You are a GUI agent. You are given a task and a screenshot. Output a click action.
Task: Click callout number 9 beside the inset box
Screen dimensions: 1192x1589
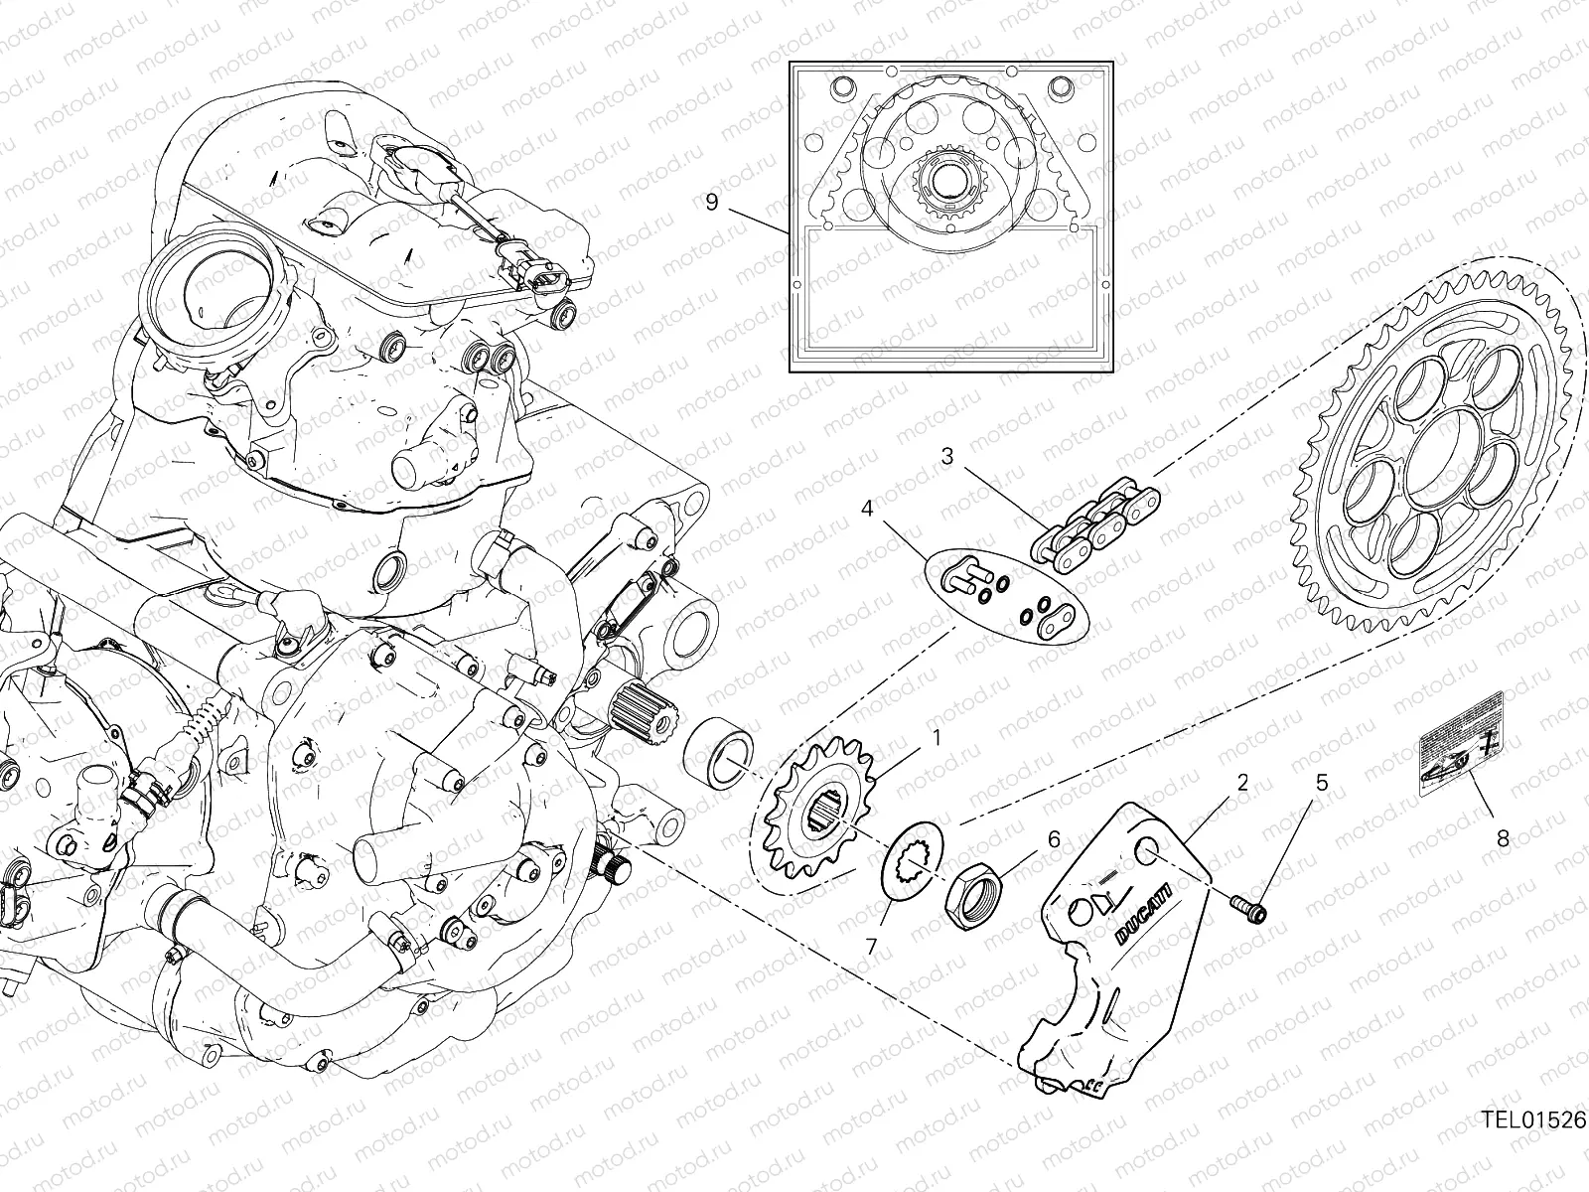tap(738, 203)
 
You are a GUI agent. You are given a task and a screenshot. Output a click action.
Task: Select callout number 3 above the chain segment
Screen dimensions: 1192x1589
tap(946, 457)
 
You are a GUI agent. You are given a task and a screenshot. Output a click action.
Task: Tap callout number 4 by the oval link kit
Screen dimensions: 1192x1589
tap(867, 509)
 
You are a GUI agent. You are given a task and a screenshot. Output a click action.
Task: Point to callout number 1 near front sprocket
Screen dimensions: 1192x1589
tap(934, 738)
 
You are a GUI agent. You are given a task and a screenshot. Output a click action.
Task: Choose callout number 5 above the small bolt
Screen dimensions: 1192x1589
tap(1320, 783)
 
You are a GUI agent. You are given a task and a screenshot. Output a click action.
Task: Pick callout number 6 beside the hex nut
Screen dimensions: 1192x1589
tap(1053, 840)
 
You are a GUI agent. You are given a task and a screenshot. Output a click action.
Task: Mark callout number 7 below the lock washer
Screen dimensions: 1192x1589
tap(871, 947)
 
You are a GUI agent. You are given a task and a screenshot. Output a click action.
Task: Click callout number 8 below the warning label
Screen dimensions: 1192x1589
tap(1502, 838)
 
